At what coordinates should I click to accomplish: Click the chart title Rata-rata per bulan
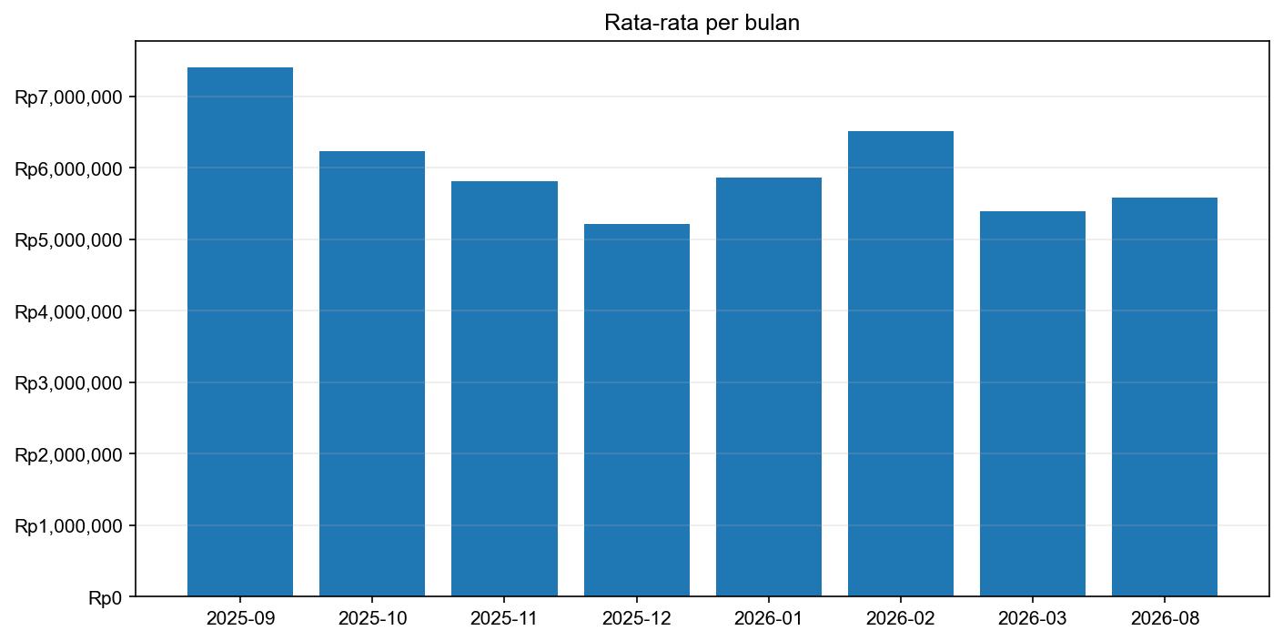[x=702, y=25]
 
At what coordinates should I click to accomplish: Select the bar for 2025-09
[x=240, y=332]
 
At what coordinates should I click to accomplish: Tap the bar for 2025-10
[x=372, y=373]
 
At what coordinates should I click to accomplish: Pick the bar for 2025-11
[x=504, y=389]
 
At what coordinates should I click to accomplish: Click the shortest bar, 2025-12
[x=637, y=410]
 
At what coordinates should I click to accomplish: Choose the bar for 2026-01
[x=769, y=387]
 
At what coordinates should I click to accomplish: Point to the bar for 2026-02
[x=901, y=364]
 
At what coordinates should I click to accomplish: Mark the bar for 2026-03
[x=1033, y=403]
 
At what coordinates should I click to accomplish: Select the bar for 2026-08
[x=1165, y=397]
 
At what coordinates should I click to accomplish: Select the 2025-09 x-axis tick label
[x=240, y=618]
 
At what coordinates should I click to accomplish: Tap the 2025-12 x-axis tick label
[x=637, y=618]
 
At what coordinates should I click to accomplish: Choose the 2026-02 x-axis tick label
[x=901, y=618]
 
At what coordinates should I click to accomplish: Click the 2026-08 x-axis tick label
[x=1165, y=618]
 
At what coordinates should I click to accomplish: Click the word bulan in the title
[x=774, y=25]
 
